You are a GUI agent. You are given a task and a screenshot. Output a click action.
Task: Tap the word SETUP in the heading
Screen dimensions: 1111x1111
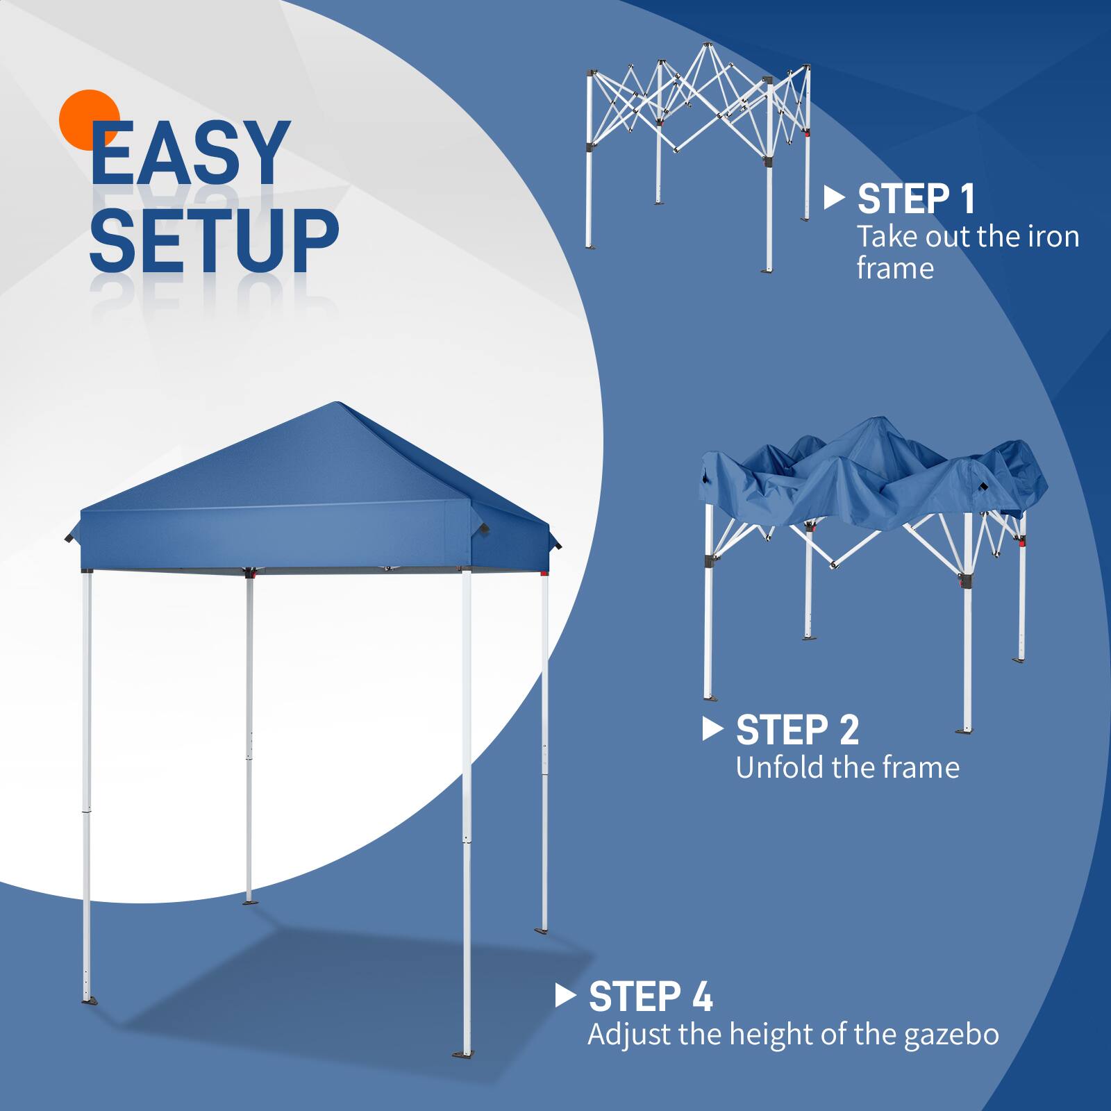213,240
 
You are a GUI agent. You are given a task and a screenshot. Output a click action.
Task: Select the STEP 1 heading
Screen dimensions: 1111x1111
916,199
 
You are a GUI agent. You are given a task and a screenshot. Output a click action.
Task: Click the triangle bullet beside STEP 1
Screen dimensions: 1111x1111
833,198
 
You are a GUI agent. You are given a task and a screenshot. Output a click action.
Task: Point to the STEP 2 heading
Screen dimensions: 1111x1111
797,730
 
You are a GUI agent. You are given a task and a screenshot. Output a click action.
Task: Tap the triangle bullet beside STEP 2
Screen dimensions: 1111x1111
712,728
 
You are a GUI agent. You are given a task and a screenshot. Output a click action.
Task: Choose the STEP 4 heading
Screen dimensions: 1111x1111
650,997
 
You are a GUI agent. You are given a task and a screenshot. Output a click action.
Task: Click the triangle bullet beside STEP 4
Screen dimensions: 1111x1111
565,996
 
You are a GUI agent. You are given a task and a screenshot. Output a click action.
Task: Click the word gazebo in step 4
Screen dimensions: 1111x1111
951,1035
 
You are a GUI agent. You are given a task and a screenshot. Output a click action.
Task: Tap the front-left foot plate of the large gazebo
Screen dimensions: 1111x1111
90,1001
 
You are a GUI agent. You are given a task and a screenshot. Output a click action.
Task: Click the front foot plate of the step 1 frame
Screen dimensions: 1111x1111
767,269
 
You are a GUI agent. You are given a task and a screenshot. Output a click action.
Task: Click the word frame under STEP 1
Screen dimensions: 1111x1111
895,269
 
